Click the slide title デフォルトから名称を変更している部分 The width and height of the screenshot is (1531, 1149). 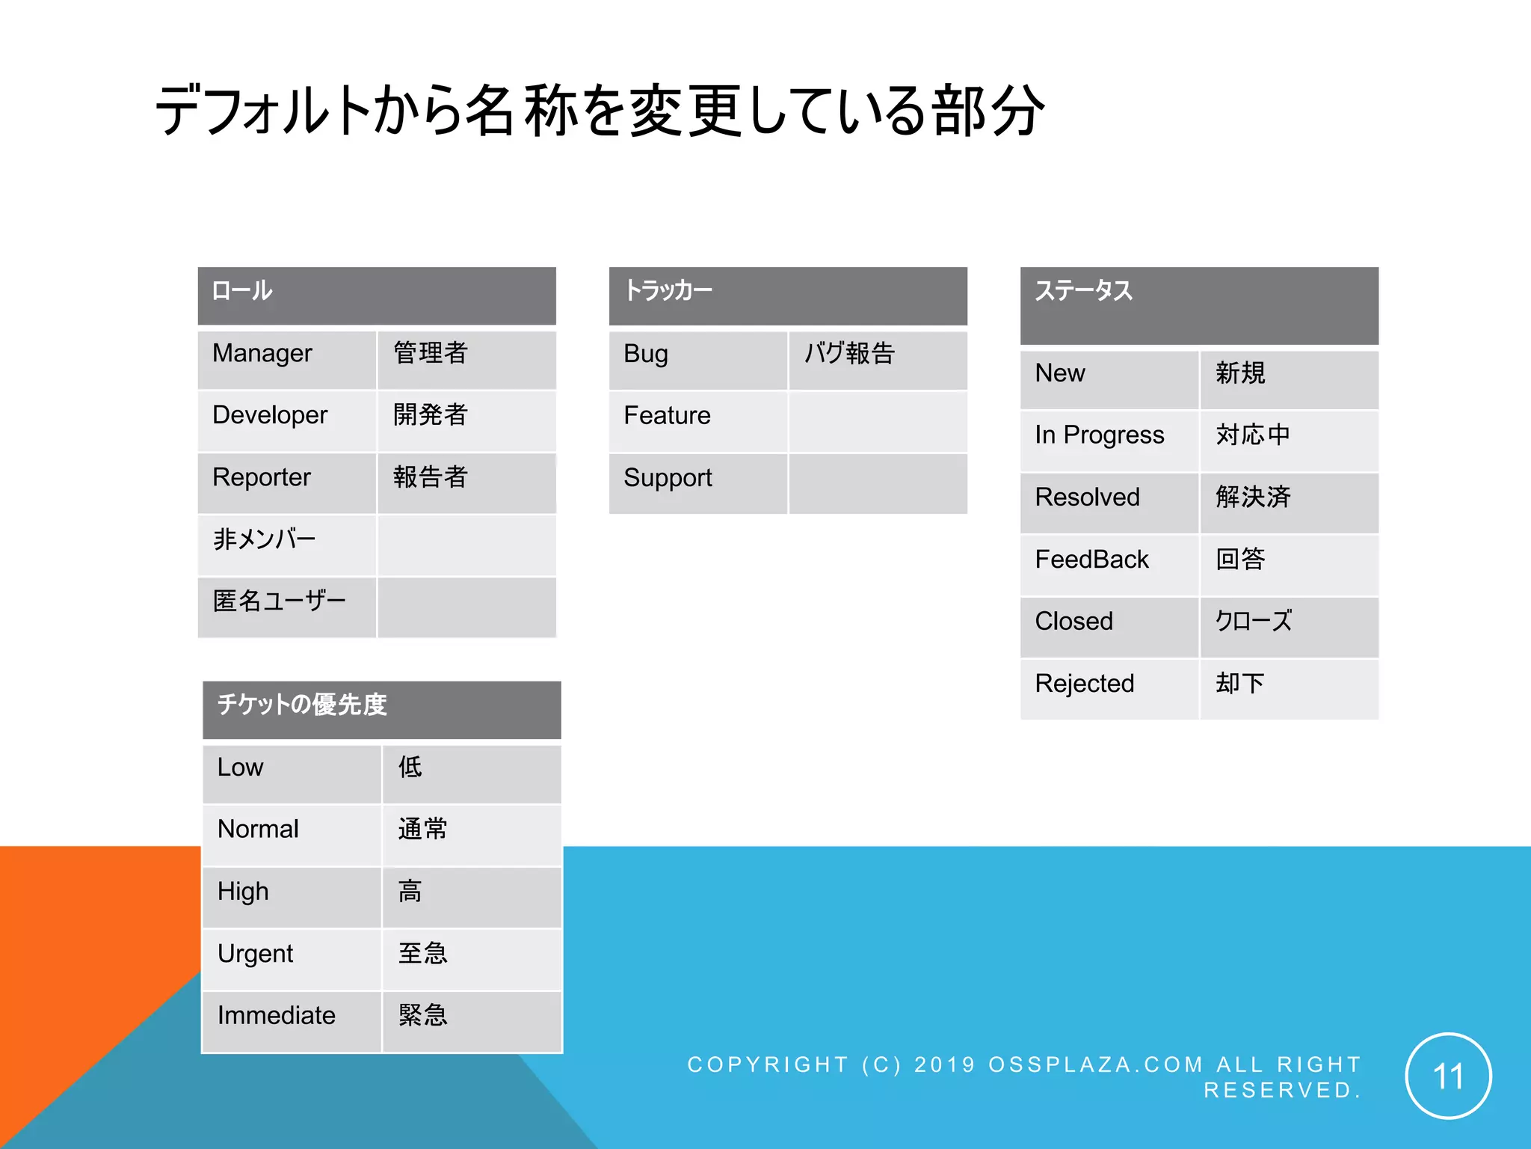(x=600, y=111)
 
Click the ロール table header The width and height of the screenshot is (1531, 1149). (x=377, y=295)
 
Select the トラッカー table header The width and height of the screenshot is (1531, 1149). (x=788, y=295)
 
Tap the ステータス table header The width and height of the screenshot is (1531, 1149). (x=1199, y=305)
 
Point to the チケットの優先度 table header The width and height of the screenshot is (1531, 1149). (x=381, y=709)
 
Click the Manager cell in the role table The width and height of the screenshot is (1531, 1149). (x=287, y=359)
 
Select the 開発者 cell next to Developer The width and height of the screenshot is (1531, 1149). (x=466, y=420)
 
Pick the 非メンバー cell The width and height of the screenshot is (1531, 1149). (x=287, y=545)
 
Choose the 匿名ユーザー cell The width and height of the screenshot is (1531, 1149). (x=287, y=607)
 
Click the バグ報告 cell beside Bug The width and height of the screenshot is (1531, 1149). (x=878, y=359)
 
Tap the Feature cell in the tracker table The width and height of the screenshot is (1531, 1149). (x=698, y=421)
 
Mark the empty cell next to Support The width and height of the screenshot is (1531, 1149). (x=878, y=483)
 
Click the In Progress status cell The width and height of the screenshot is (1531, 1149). (x=1109, y=441)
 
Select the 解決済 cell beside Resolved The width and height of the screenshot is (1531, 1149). (x=1289, y=503)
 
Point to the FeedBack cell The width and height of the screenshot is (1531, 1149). (x=1109, y=565)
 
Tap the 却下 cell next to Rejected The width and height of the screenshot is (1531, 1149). (x=1289, y=689)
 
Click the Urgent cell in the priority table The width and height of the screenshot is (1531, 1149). (x=292, y=959)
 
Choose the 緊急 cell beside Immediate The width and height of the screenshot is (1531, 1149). (x=471, y=1021)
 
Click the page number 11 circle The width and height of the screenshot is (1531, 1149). (x=1448, y=1076)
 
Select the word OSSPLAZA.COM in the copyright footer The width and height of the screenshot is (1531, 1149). (x=1095, y=1064)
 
